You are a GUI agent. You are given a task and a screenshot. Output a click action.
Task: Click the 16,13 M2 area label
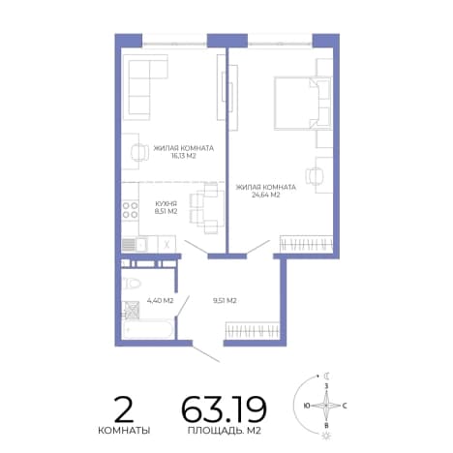point(184,156)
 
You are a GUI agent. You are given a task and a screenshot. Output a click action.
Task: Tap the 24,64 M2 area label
point(265,195)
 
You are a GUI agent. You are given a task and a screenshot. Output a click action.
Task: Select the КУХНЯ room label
point(166,204)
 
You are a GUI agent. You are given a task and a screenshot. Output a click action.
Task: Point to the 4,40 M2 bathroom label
point(160,301)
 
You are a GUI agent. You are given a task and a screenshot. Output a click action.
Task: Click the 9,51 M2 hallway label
point(225,301)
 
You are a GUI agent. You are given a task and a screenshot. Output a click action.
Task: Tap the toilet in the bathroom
point(132,284)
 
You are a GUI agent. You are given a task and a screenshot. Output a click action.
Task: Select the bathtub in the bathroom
point(148,329)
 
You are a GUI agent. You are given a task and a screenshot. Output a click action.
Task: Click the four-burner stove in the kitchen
point(130,210)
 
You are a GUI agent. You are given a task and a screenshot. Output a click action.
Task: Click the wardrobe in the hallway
point(252,330)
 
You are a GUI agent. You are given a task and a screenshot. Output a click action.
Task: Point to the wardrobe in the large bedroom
point(306,244)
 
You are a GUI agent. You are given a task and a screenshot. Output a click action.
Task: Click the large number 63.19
point(224,409)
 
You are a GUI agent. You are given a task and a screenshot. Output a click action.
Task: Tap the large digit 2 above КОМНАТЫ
point(124,409)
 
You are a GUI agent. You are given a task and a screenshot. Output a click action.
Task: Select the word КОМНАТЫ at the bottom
point(124,431)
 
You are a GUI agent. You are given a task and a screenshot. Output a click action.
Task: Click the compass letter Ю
point(307,406)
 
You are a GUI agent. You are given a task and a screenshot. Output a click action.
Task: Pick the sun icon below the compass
point(326,436)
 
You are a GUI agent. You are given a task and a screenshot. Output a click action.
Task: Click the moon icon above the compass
point(327,376)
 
